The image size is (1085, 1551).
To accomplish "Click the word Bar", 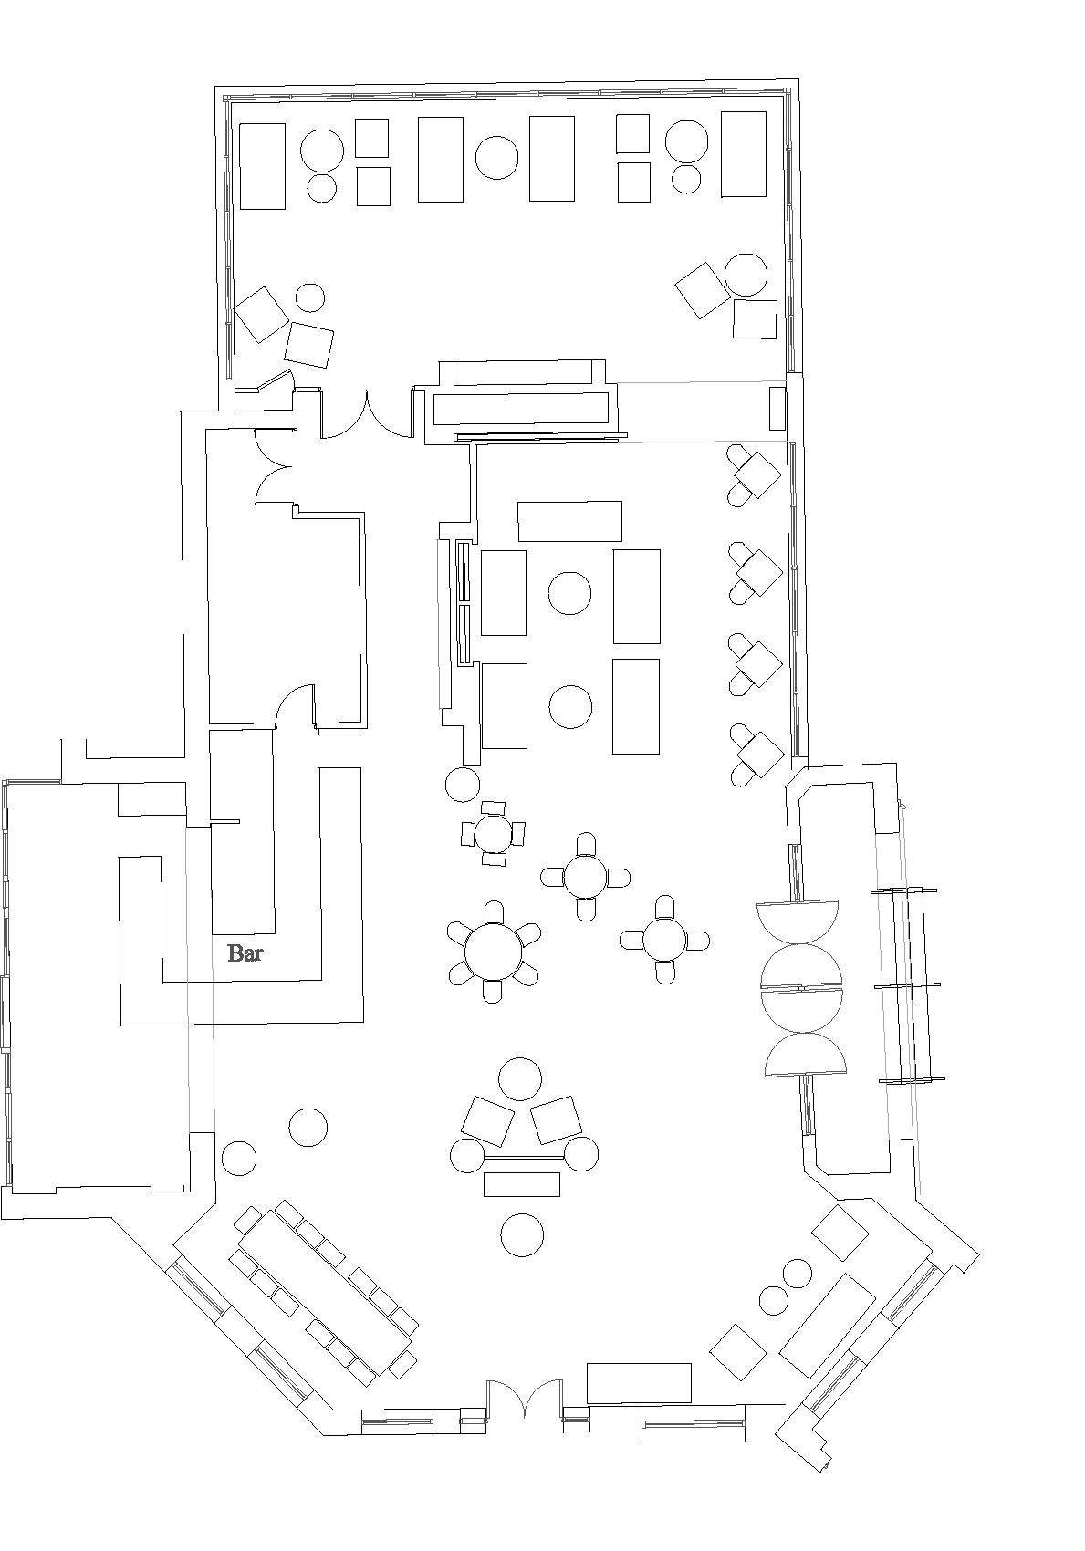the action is [x=245, y=954].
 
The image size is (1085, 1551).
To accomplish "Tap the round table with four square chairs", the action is [x=494, y=833].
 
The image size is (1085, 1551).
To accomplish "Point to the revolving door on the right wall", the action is [x=802, y=988].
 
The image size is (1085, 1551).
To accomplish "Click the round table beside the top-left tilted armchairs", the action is [x=310, y=297].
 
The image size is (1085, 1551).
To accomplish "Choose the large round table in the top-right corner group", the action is [x=746, y=275].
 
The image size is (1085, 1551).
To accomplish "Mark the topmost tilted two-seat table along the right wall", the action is [x=756, y=475].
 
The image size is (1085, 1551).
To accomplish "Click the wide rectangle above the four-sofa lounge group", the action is [x=570, y=521].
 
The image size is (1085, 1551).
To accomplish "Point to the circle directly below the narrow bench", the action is [x=522, y=1234].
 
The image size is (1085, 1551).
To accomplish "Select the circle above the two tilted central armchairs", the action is [x=520, y=1079].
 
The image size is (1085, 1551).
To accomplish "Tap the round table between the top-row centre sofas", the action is [x=497, y=158].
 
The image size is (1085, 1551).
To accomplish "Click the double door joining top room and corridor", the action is [x=367, y=416].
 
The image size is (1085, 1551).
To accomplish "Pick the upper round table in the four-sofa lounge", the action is [x=569, y=593].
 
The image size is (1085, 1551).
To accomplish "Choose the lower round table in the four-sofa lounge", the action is [x=570, y=707].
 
